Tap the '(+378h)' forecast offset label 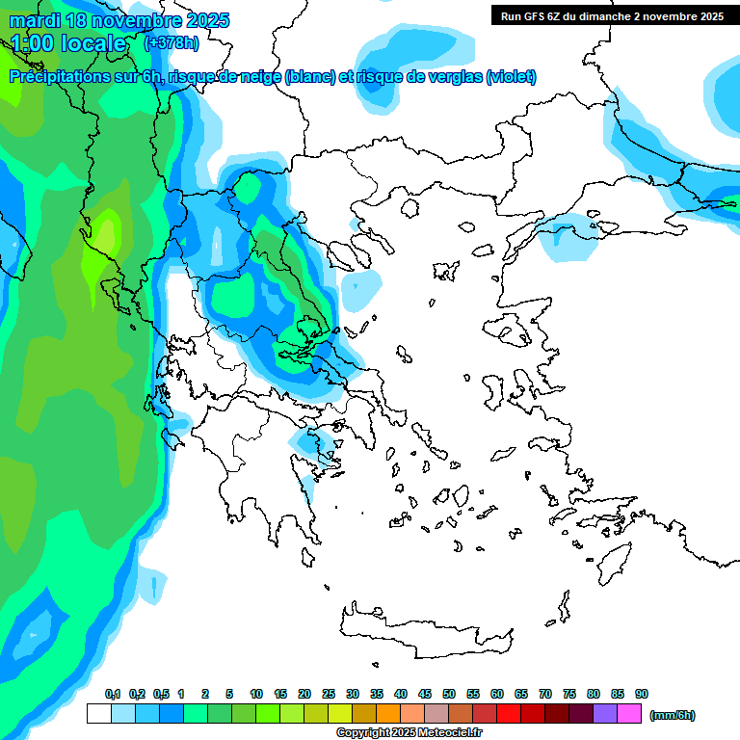point(172,42)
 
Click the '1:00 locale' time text point(69,43)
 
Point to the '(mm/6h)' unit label point(672,715)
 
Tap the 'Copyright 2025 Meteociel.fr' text point(409,732)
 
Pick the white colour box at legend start point(98,713)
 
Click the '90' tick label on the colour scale point(642,694)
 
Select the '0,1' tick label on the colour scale point(112,694)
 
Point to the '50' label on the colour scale point(449,694)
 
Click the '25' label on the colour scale point(329,694)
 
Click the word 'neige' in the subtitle point(260,77)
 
